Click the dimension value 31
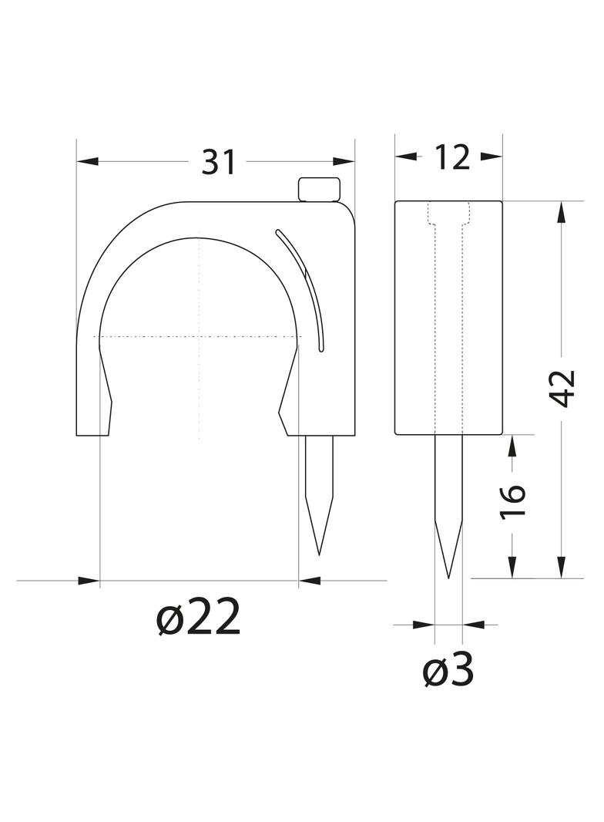(x=219, y=162)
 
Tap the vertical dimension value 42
(x=564, y=389)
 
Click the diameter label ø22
(x=199, y=618)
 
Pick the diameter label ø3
(x=448, y=669)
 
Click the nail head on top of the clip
(x=318, y=190)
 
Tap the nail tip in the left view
(x=318, y=554)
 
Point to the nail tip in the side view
(x=449, y=578)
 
